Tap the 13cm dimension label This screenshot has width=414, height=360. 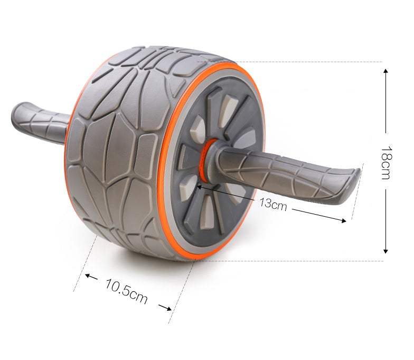pyautogui.click(x=272, y=204)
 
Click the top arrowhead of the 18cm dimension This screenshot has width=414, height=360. pyautogui.click(x=385, y=71)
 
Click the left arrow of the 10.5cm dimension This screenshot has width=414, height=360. pyautogui.click(x=91, y=277)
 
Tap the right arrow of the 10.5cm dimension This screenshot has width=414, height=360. pyautogui.click(x=165, y=307)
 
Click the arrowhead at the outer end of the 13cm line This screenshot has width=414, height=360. pyautogui.click(x=343, y=221)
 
